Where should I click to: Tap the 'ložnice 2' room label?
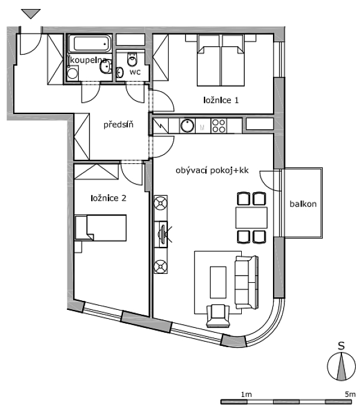tap(108, 198)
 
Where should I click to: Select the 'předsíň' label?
tap(118, 125)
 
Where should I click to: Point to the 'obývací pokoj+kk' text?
tap(212, 171)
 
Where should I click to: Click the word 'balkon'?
tap(302, 204)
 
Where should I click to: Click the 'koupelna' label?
tap(89, 61)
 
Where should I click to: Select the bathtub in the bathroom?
tap(90, 44)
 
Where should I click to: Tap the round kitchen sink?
tap(188, 126)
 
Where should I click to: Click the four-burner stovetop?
tap(219, 126)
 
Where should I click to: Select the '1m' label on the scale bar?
tap(245, 394)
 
